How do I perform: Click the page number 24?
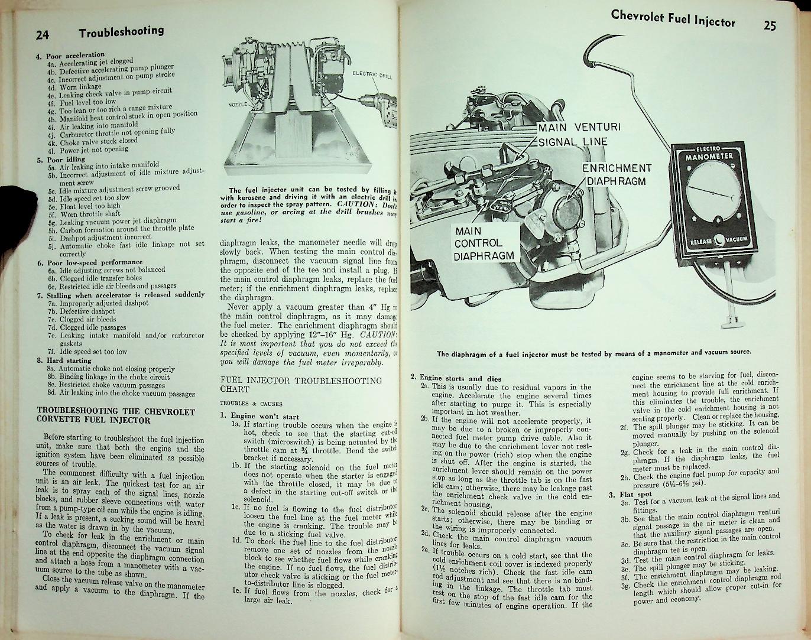pos(42,34)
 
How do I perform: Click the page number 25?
pos(769,25)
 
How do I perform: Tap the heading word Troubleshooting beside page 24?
pos(121,32)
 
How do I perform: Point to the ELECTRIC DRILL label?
pos(372,74)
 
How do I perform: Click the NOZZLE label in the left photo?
pos(238,105)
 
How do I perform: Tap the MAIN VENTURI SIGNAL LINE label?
pos(572,134)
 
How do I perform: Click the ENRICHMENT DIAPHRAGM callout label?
pos(616,175)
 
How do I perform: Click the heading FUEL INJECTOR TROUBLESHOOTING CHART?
pos(300,385)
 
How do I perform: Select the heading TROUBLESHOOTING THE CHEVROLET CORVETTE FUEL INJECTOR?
pos(116,416)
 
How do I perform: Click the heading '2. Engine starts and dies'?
pos(456,378)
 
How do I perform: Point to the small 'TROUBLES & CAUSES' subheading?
pos(242,404)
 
